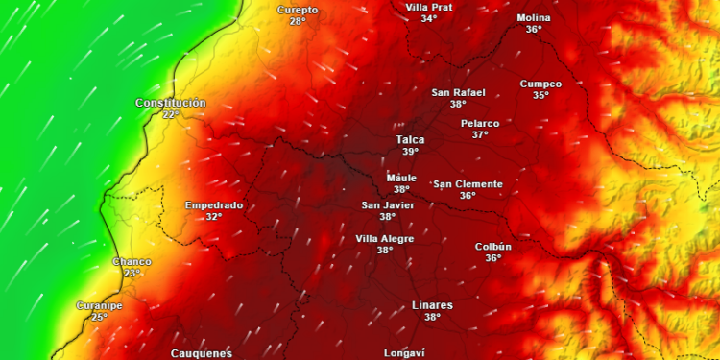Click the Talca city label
click(410, 139)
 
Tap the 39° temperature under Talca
click(410, 152)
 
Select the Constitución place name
click(171, 103)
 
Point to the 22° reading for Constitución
click(170, 114)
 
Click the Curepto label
click(298, 10)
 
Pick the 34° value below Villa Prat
click(428, 18)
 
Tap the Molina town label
click(534, 17)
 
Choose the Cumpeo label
click(540, 84)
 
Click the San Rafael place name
click(458, 92)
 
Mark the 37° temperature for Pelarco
click(480, 134)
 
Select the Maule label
click(401, 178)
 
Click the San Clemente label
click(468, 183)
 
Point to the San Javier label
click(387, 204)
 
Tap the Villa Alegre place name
click(385, 238)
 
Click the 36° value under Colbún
click(492, 257)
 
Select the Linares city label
click(432, 305)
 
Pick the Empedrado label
click(213, 204)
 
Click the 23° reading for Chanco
click(132, 273)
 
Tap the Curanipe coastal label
click(99, 305)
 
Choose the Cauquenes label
click(202, 353)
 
